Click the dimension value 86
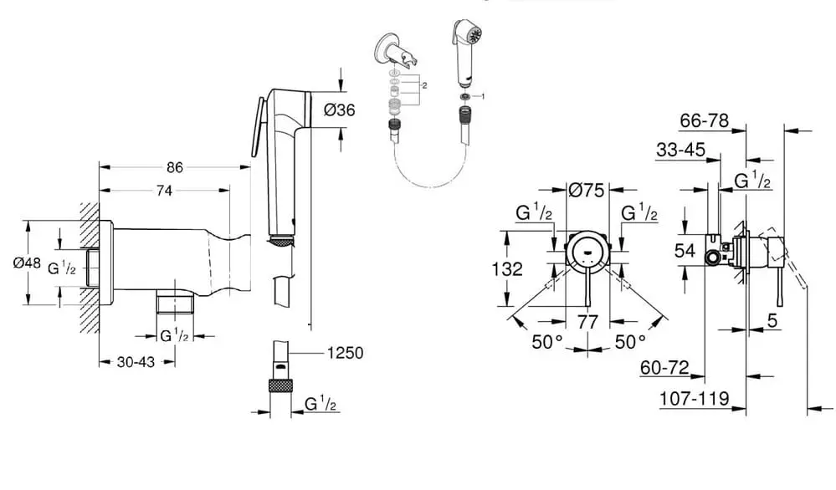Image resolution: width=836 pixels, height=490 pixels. tap(174, 167)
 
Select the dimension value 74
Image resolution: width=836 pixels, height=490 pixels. tap(164, 191)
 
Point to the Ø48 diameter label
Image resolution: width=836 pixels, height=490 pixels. tap(28, 263)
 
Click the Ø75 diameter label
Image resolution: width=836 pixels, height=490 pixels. tap(587, 190)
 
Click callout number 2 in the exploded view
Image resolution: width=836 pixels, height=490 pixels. tap(426, 86)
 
